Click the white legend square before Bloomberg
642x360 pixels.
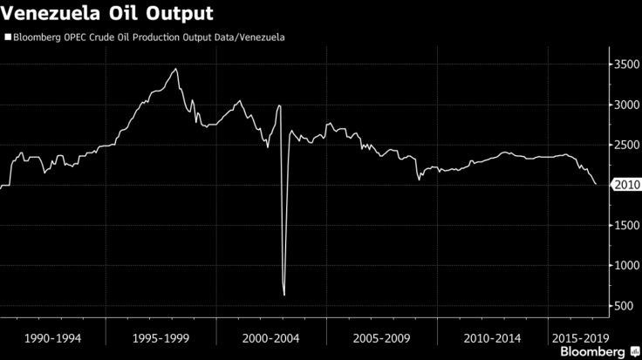(x=7, y=37)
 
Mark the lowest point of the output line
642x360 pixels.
(x=284, y=295)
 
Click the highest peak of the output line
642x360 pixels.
(x=176, y=69)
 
